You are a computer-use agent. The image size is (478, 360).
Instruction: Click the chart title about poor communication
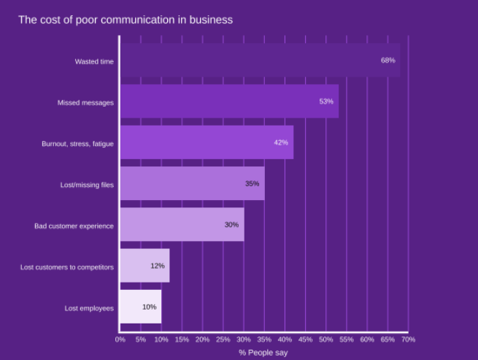[126, 20]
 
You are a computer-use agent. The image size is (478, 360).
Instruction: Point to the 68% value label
[388, 61]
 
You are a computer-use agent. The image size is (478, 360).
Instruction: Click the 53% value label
[326, 102]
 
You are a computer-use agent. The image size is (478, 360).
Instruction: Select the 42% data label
[281, 142]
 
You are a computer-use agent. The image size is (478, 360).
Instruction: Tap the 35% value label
[252, 183]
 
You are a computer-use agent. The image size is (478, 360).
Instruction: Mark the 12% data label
[158, 266]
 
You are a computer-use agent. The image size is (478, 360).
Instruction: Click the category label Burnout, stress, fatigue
[77, 144]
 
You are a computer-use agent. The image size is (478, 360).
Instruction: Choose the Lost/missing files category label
[87, 185]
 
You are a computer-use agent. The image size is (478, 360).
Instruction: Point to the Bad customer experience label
[74, 226]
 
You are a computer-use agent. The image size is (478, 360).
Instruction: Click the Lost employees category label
[89, 308]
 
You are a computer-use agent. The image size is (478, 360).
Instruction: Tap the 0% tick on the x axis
[120, 340]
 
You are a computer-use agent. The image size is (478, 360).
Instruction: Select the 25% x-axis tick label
[223, 340]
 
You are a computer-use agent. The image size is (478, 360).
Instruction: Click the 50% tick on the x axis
[326, 340]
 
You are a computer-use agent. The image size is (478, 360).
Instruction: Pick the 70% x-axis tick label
[409, 340]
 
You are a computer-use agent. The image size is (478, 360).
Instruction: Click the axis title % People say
[263, 353]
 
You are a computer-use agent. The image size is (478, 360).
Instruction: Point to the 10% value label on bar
[150, 307]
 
